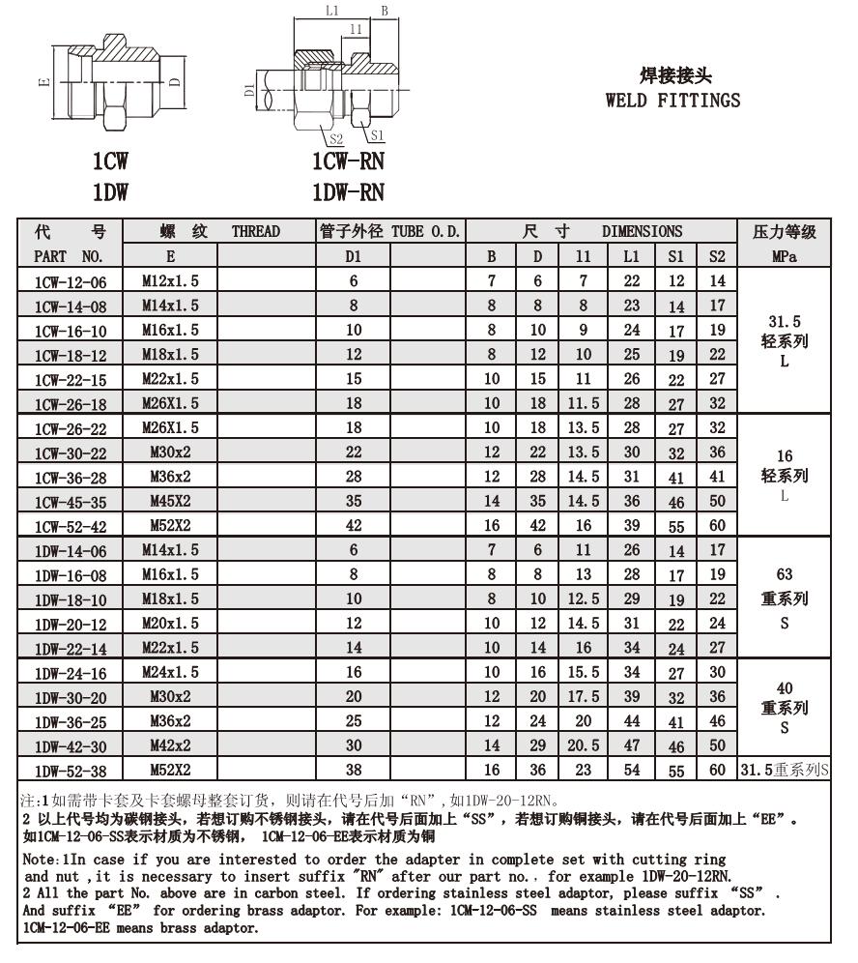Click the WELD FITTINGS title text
tap(672, 100)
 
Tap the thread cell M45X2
tap(170, 501)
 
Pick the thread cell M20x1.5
tap(170, 624)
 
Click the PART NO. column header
tap(68, 256)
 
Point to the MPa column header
tap(784, 256)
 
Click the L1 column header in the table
tap(631, 256)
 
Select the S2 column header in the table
tap(716, 256)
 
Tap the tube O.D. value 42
tap(354, 526)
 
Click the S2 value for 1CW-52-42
tap(716, 526)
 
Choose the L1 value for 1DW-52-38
tap(631, 771)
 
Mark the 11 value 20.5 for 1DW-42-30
tap(583, 745)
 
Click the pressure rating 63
tap(784, 574)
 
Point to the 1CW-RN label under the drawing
tap(347, 161)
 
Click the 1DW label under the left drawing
tap(110, 191)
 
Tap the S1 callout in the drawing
tap(377, 135)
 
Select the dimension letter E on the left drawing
tap(43, 82)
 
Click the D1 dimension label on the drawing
tap(249, 92)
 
